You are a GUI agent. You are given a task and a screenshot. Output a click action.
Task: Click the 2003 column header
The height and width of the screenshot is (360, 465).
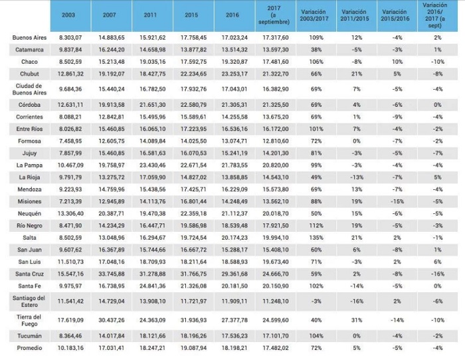point(68,15)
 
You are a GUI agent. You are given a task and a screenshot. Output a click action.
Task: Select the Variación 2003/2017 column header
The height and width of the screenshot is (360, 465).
point(314,15)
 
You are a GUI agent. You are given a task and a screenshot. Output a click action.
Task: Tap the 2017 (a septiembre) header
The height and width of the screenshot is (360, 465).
point(274,15)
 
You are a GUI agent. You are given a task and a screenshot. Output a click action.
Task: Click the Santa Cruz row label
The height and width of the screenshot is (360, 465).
point(29,274)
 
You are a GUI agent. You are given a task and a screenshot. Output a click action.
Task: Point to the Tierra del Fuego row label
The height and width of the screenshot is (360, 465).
point(29,320)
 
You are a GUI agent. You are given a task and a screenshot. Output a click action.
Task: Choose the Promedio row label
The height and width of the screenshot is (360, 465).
point(29,348)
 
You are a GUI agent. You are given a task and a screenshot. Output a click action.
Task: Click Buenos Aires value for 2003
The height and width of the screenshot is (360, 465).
point(70,38)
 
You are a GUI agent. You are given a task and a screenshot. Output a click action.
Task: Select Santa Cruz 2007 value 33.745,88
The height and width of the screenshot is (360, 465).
point(112,274)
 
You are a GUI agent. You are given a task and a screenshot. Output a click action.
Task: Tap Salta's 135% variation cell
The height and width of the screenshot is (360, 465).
point(316,238)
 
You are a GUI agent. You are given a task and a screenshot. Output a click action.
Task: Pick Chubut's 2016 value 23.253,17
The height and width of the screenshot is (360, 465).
point(234,74)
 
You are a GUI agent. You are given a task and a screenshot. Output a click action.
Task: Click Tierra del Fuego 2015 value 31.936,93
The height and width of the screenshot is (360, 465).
point(194,320)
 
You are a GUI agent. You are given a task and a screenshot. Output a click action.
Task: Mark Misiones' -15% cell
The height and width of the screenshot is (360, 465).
point(397,202)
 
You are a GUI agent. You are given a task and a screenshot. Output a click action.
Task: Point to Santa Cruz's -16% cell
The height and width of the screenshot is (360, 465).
point(438,274)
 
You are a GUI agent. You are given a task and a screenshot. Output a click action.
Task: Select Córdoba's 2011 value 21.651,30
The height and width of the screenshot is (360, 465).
point(153,105)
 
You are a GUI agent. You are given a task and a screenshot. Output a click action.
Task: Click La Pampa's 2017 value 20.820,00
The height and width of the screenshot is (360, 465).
point(276,165)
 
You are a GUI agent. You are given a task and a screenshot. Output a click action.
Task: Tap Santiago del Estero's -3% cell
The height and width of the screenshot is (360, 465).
point(316,302)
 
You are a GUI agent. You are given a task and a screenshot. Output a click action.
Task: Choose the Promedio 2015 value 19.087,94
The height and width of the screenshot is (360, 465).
point(194,348)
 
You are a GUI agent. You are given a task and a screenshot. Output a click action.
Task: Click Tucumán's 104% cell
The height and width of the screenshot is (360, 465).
point(316,336)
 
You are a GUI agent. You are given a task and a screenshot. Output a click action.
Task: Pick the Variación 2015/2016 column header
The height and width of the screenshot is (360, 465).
point(395,15)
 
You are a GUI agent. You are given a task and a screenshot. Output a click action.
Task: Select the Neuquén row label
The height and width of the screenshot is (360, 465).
point(29,213)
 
